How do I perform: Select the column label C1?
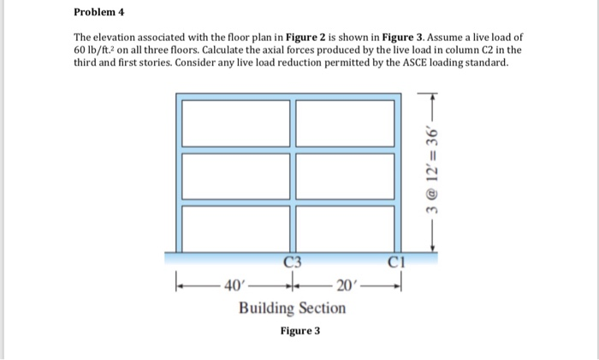click(394, 261)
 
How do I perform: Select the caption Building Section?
click(292, 307)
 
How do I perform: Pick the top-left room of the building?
click(230, 123)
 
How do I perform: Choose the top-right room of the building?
click(343, 123)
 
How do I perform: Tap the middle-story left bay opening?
click(230, 174)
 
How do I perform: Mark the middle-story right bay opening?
click(343, 174)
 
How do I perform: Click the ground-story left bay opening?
click(230, 227)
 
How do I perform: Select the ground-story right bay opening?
click(343, 227)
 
